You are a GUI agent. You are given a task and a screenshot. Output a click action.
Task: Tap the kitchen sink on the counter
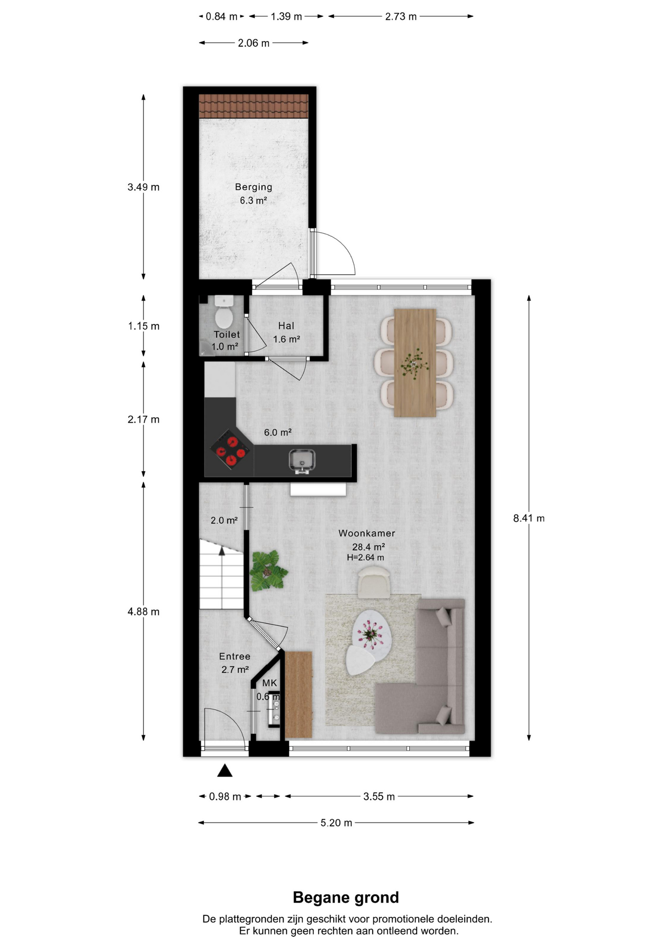point(302,461)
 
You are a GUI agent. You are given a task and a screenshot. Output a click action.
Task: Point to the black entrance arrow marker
point(225,770)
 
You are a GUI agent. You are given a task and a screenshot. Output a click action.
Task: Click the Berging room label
point(253,187)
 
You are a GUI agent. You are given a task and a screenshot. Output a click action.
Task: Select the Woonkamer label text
point(367,533)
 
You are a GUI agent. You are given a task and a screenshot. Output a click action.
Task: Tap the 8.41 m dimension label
point(528,518)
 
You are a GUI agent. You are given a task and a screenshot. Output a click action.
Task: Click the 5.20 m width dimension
point(336,823)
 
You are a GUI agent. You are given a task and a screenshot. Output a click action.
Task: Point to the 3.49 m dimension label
point(144,187)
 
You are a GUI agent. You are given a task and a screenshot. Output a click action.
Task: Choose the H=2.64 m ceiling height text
point(365,558)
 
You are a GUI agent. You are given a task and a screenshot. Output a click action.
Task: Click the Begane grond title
point(346,897)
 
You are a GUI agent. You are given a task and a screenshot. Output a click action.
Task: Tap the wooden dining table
point(415,363)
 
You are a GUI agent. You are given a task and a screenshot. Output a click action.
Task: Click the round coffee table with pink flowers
point(372,635)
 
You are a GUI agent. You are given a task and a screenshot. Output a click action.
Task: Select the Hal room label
point(286,326)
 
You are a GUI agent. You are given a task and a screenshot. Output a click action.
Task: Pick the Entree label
point(235,656)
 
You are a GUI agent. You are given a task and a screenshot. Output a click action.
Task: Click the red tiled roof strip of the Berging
point(253,106)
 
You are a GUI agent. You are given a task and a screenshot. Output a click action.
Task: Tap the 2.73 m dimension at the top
point(401,16)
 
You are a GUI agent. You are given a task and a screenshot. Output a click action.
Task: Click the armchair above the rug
point(374,582)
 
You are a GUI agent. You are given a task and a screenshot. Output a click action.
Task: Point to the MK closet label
point(269,683)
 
